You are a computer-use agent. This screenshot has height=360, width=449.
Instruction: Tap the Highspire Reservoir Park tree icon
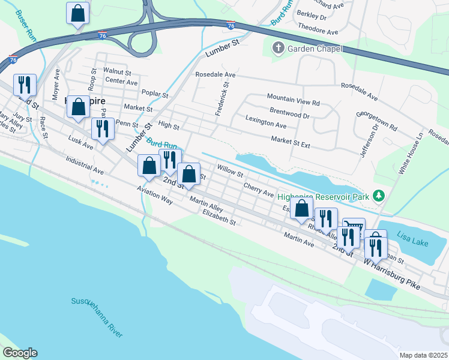click(378, 195)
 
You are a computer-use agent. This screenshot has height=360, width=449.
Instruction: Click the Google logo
click(19, 353)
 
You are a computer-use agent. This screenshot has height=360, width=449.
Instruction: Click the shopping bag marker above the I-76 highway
click(77, 13)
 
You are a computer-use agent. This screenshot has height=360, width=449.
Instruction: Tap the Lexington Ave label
click(266, 125)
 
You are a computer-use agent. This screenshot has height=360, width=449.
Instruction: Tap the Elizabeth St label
click(219, 217)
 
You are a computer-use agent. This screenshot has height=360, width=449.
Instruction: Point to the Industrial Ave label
click(85, 166)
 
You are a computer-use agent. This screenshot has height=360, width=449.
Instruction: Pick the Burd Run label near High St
click(162, 145)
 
